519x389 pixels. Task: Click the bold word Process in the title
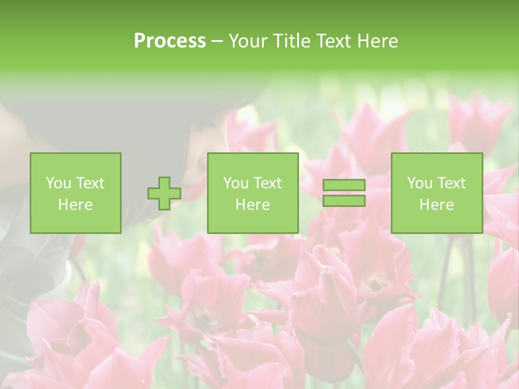coord(170,41)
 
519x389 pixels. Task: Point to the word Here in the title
coord(378,41)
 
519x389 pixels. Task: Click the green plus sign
coord(164,193)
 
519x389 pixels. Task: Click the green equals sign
coord(344,193)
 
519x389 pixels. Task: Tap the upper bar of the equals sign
coord(344,185)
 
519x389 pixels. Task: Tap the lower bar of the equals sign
coord(344,200)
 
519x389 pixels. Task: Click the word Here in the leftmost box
coord(75,205)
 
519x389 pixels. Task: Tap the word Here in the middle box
coord(252,205)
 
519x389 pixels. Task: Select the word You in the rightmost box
coord(420,183)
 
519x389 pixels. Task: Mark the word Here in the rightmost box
coord(436,205)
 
